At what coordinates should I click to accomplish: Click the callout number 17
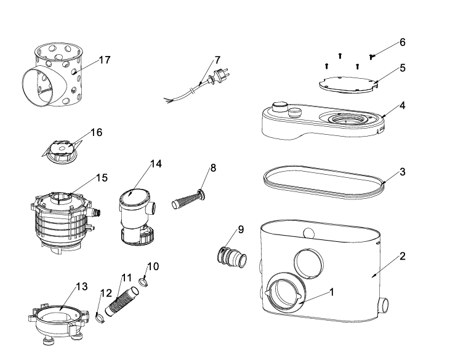tap(105, 60)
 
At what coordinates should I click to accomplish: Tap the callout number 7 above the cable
tap(217, 60)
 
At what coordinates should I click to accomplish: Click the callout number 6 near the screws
tap(403, 42)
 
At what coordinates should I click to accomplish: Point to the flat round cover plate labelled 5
tap(348, 85)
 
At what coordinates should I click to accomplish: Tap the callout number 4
tap(403, 106)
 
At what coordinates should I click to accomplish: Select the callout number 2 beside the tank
tap(403, 256)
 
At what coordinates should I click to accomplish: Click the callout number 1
tap(332, 292)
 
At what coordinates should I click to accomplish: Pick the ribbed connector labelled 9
tap(232, 255)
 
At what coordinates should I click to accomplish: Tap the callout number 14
tap(156, 164)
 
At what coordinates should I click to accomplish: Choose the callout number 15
tap(102, 178)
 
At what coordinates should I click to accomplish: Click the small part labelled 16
tap(62, 150)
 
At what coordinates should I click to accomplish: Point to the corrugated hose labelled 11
tap(122, 301)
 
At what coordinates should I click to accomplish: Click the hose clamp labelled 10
tap(143, 282)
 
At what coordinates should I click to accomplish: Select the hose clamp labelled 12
tap(100, 318)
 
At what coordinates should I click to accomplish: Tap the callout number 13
tap(82, 286)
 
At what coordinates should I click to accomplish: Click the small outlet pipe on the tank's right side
tap(383, 306)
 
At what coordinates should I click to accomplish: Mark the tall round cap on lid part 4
tap(280, 108)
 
